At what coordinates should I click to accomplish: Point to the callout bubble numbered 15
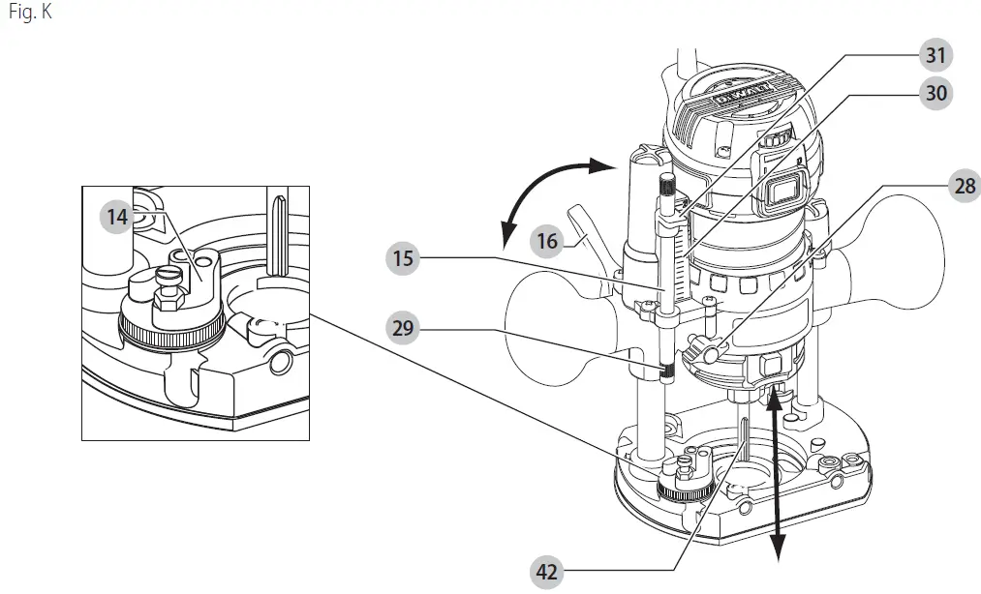pyautogui.click(x=404, y=259)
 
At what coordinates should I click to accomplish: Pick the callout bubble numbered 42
pyautogui.click(x=547, y=572)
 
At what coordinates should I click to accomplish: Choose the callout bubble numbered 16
pyautogui.click(x=548, y=241)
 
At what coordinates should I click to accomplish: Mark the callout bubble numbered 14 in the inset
pyautogui.click(x=117, y=217)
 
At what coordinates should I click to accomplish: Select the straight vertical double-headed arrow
pyautogui.click(x=776, y=474)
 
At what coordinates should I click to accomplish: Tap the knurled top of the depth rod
pyautogui.click(x=666, y=186)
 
